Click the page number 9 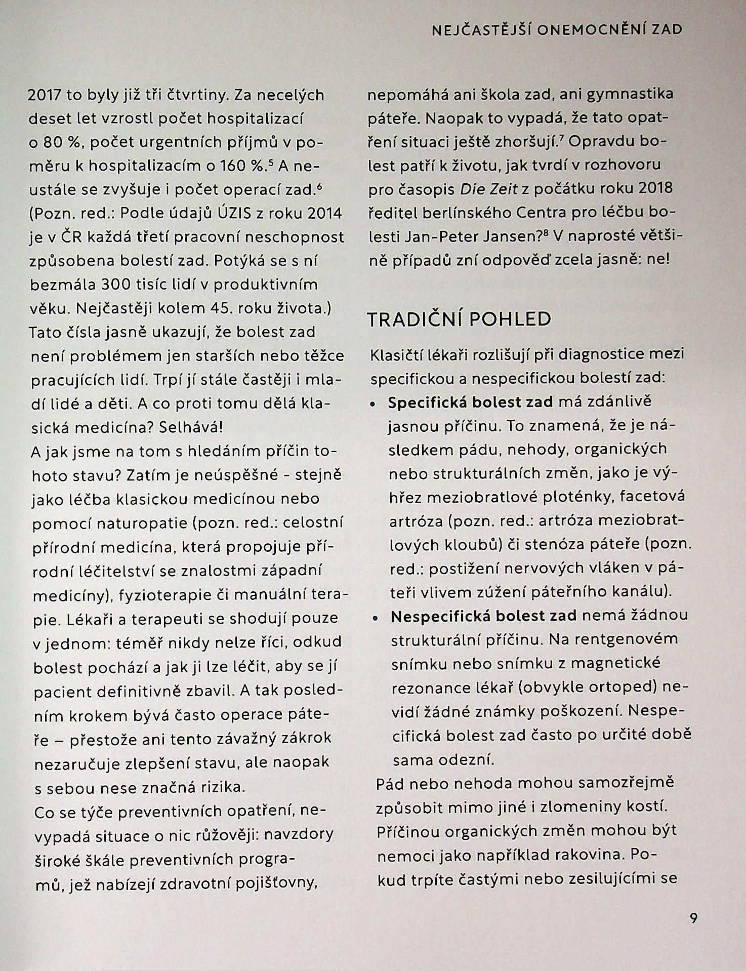[x=693, y=917]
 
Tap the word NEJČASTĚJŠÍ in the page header [x=480, y=30]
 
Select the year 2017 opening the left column [x=45, y=96]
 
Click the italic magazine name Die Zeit [x=489, y=188]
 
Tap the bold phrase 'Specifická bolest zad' [x=471, y=402]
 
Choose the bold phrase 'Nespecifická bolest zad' [x=483, y=616]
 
